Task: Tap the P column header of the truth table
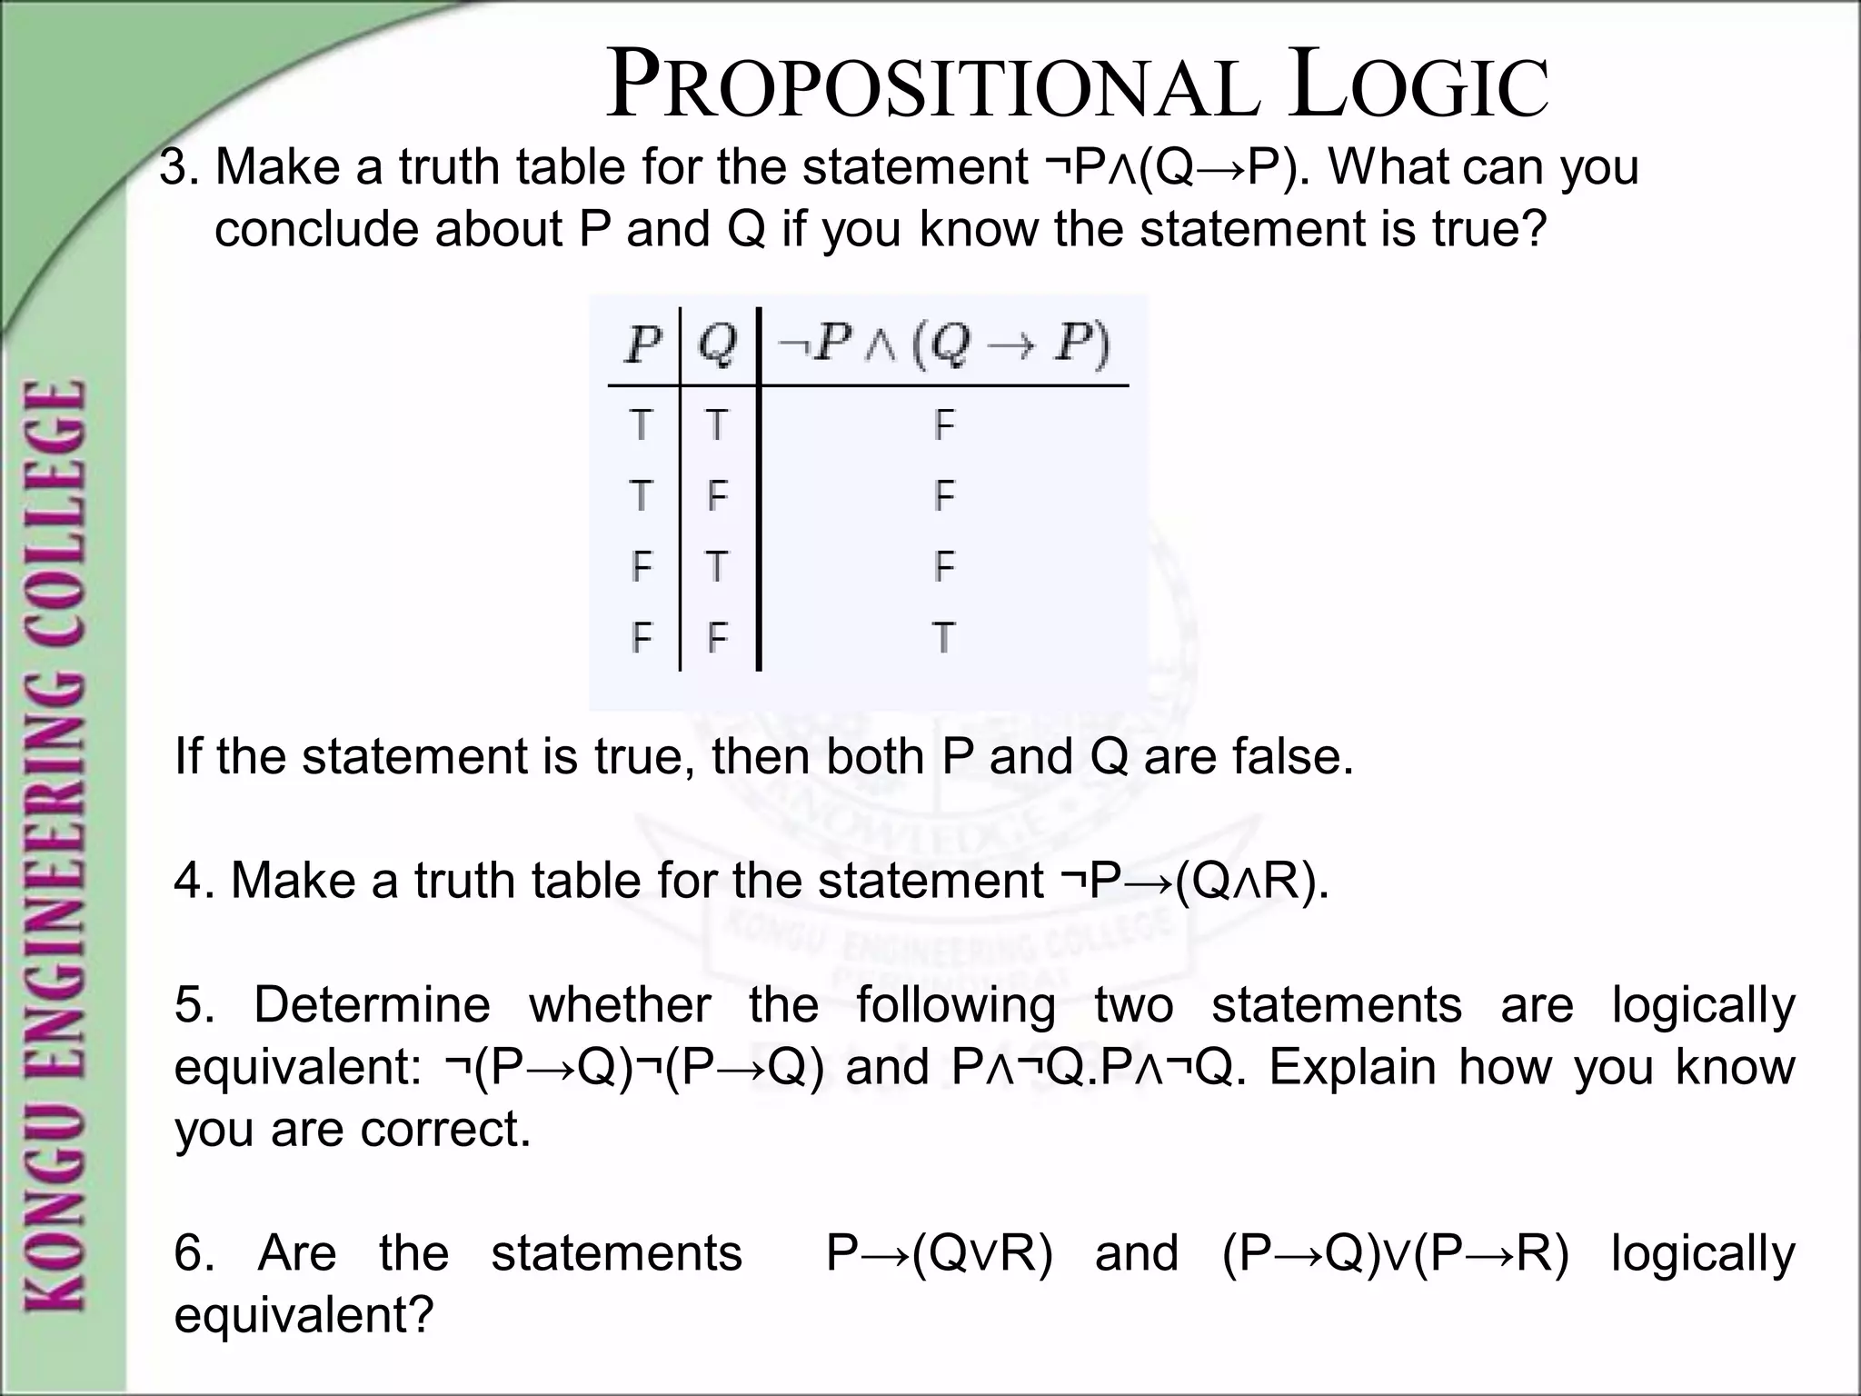pos(642,345)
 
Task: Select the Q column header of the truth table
pos(718,345)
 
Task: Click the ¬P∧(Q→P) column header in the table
pos(943,345)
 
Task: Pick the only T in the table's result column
pos(943,638)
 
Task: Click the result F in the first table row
pos(944,424)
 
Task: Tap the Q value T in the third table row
pos(717,567)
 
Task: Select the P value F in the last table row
pos(642,638)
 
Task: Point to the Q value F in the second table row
pos(717,496)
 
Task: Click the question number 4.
pos(192,881)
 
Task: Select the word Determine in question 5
pos(372,1005)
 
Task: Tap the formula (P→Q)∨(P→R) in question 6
pos(1395,1253)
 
